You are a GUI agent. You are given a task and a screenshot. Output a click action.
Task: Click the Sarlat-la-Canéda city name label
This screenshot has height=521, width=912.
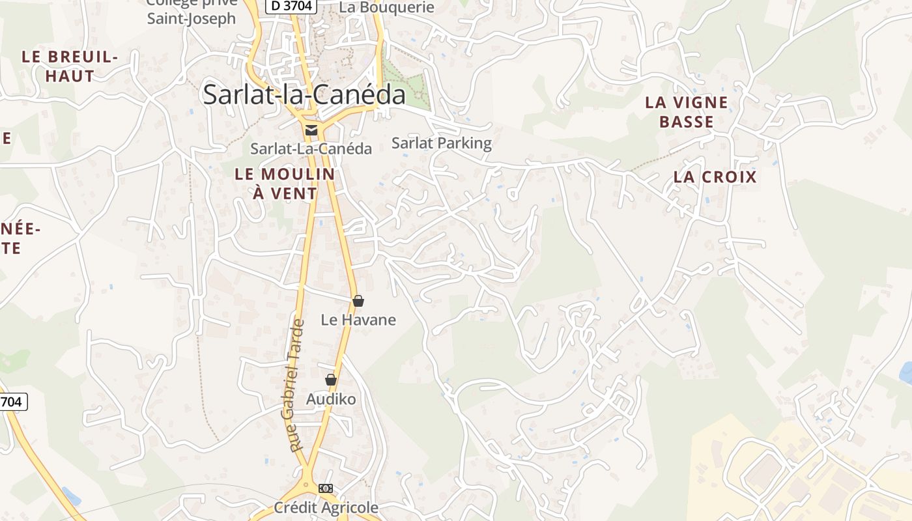click(x=304, y=94)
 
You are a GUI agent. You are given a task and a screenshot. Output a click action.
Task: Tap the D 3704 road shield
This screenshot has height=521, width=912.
click(x=291, y=6)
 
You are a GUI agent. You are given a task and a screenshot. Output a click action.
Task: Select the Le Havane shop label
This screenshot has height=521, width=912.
click(x=358, y=320)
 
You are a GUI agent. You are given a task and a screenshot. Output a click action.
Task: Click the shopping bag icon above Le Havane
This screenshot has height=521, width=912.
click(x=358, y=301)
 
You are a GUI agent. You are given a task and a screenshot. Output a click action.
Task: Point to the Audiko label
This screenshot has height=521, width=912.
click(x=331, y=399)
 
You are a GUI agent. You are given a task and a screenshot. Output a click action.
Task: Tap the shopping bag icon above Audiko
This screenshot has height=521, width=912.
click(x=331, y=380)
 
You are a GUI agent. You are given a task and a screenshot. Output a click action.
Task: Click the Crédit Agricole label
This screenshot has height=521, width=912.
click(x=326, y=507)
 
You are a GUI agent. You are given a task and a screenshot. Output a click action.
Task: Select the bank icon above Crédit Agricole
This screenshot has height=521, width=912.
click(x=326, y=488)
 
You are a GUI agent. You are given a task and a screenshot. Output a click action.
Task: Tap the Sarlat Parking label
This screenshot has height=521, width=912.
click(x=442, y=143)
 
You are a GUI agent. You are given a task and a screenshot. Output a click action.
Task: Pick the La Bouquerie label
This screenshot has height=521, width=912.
click(x=387, y=7)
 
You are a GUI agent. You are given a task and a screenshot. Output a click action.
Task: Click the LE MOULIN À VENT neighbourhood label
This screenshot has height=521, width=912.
click(x=285, y=184)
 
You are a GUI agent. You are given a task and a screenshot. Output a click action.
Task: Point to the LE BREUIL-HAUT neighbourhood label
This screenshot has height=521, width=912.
click(x=70, y=66)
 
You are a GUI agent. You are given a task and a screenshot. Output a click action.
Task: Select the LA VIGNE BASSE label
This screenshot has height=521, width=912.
click(x=687, y=112)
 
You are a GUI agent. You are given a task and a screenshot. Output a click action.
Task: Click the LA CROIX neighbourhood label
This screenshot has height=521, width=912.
click(x=715, y=177)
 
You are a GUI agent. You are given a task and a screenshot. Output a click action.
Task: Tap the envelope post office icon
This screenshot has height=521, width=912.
click(x=311, y=130)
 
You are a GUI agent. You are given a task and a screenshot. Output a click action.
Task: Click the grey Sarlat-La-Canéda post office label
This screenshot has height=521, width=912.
click(x=311, y=148)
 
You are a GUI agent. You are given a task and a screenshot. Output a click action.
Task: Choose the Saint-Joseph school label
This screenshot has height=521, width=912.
click(x=191, y=18)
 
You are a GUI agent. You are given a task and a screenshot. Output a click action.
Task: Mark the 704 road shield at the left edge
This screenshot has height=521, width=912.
click(x=12, y=402)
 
